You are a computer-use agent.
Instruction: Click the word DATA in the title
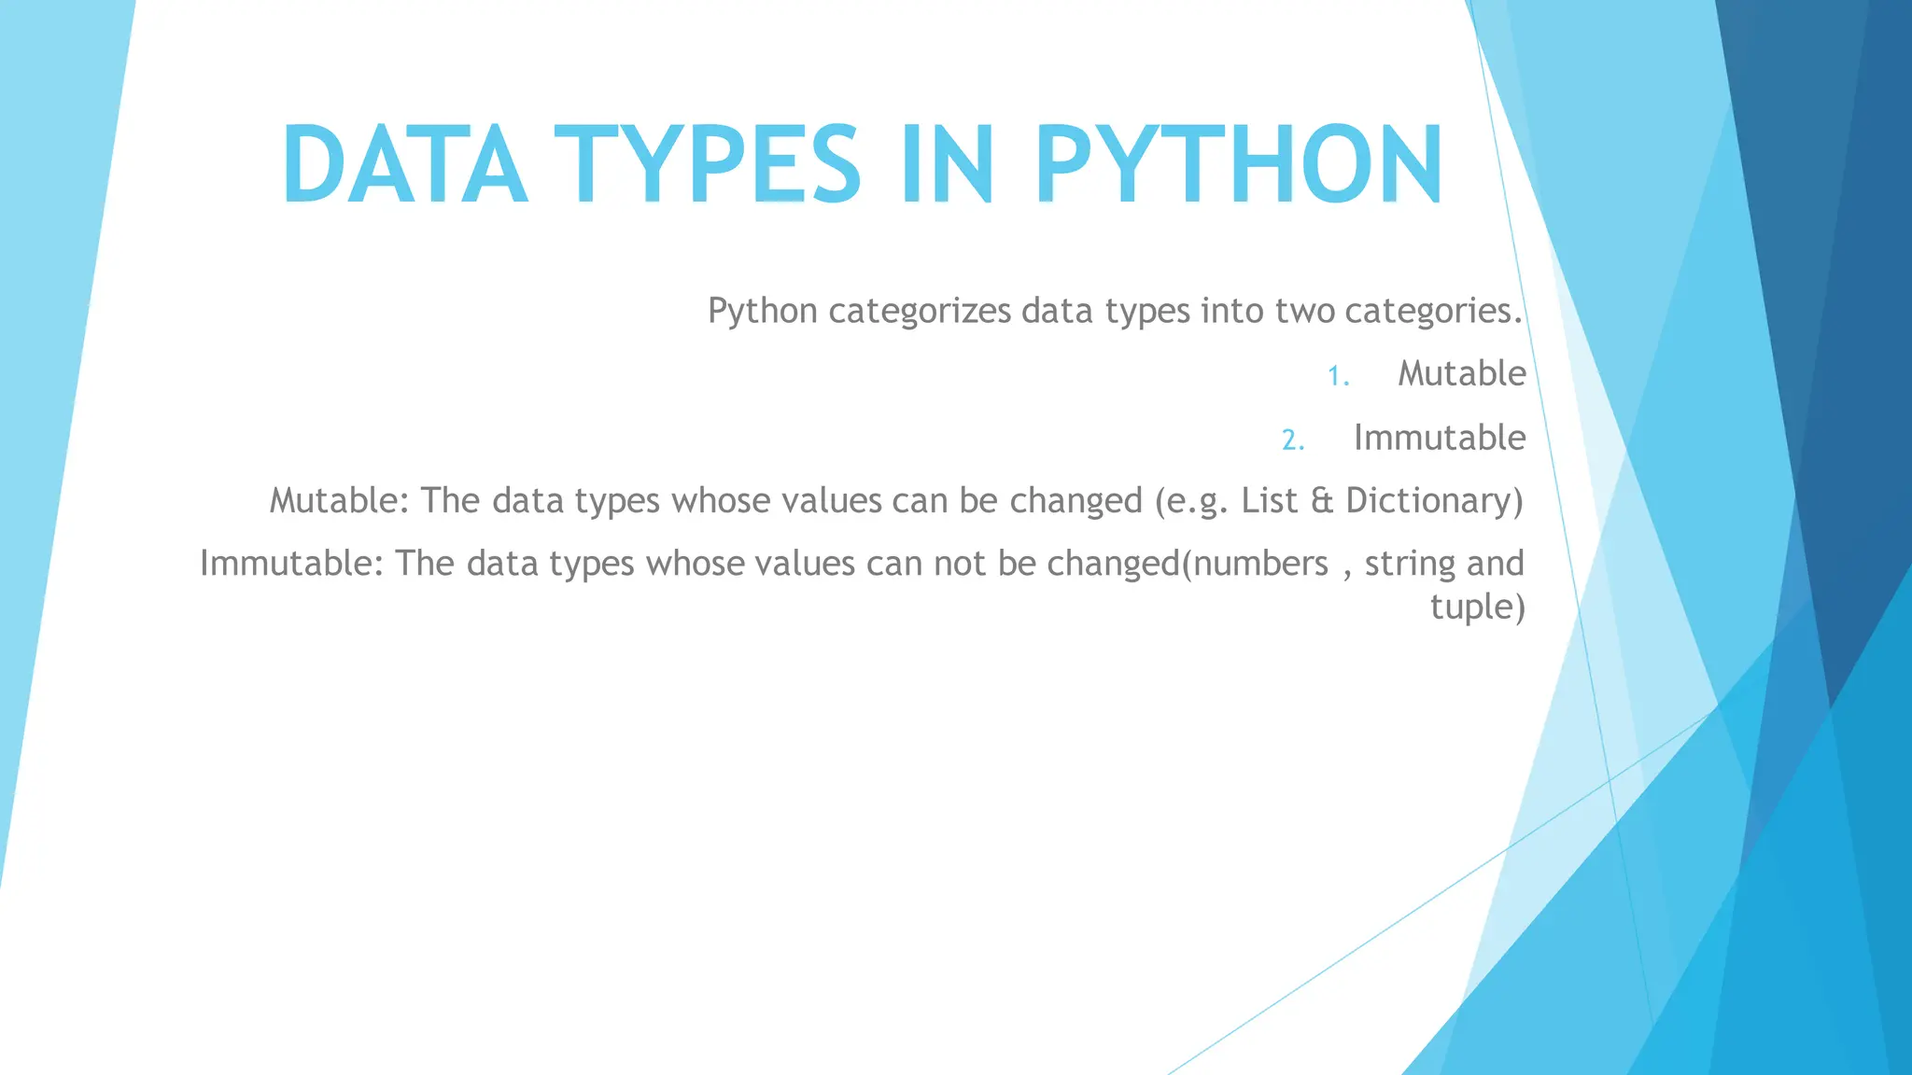pos(403,165)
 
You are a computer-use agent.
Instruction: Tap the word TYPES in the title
pos(707,165)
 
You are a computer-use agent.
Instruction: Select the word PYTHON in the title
pos(1238,165)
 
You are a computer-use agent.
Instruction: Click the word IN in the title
pos(946,165)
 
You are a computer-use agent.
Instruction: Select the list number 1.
pos(1338,376)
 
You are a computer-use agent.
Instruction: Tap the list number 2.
pos(1293,440)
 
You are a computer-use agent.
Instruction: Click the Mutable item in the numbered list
pos(1461,374)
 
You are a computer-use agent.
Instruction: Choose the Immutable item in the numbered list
pos(1439,438)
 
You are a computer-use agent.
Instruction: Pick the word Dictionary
pos(1434,501)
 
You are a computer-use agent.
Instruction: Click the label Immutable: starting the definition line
pos(291,564)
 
